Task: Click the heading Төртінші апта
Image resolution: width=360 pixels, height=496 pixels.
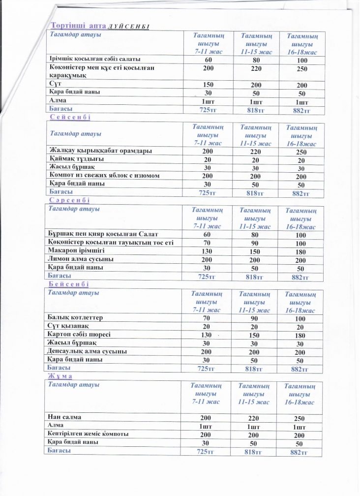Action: (x=78, y=25)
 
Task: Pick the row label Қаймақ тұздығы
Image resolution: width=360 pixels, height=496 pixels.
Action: (x=77, y=159)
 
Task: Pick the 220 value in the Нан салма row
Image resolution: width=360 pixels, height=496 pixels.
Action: (x=252, y=417)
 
